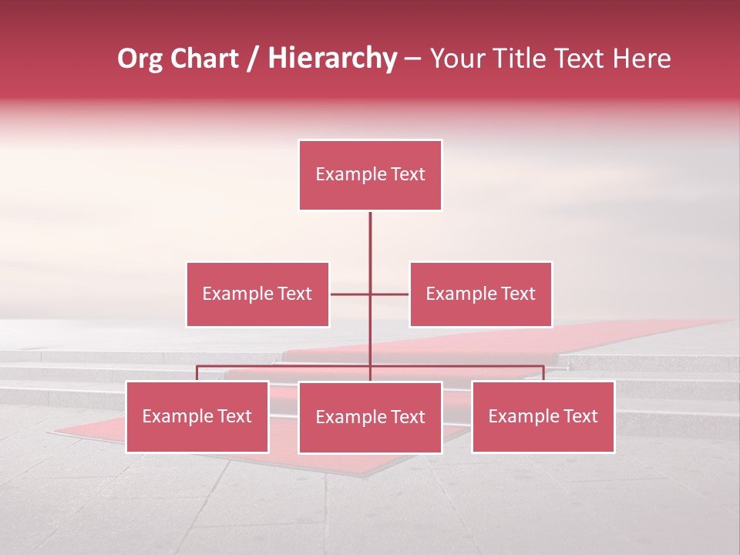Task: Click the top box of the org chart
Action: tap(370, 175)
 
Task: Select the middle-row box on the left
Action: tap(257, 294)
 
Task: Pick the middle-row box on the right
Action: tap(480, 294)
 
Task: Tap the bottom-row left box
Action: tap(197, 417)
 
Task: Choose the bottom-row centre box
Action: tap(370, 418)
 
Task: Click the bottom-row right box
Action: tap(543, 417)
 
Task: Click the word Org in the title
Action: tap(140, 59)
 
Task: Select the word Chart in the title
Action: tap(204, 59)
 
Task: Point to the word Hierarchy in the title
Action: tap(332, 59)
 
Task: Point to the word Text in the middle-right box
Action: tap(518, 294)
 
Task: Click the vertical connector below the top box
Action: tap(370, 247)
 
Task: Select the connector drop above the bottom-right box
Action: tap(543, 373)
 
